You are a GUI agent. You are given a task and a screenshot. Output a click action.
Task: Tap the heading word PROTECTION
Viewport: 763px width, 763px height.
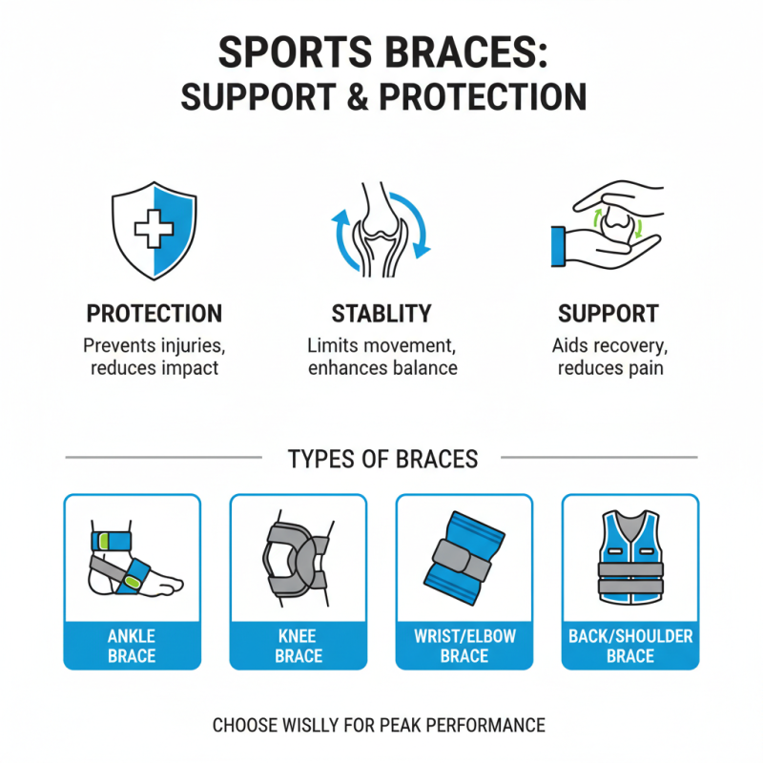click(x=155, y=314)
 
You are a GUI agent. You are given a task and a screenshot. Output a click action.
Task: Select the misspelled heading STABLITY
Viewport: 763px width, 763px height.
click(x=381, y=314)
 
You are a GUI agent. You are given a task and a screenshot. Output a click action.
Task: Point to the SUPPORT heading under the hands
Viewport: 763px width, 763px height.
click(x=608, y=314)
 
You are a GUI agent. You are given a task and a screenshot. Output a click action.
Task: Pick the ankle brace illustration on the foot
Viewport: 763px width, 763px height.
click(x=132, y=563)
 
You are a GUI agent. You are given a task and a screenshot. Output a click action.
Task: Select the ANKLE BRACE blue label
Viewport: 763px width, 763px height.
click(x=132, y=646)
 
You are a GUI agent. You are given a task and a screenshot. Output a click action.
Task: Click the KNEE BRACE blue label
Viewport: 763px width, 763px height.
click(x=298, y=646)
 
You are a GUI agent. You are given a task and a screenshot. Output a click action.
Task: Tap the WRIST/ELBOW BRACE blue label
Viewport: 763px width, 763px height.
click(x=464, y=646)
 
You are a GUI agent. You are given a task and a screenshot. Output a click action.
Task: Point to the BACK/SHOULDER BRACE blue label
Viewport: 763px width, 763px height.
click(x=629, y=646)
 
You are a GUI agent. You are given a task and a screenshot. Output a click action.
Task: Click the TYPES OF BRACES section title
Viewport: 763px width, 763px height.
click(x=381, y=459)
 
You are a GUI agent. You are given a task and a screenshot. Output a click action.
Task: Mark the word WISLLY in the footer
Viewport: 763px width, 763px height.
click(x=325, y=725)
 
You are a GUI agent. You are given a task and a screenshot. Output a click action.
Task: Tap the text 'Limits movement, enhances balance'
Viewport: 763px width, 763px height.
click(x=381, y=357)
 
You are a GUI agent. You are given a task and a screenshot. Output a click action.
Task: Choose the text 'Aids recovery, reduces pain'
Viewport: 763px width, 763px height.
click(x=608, y=357)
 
